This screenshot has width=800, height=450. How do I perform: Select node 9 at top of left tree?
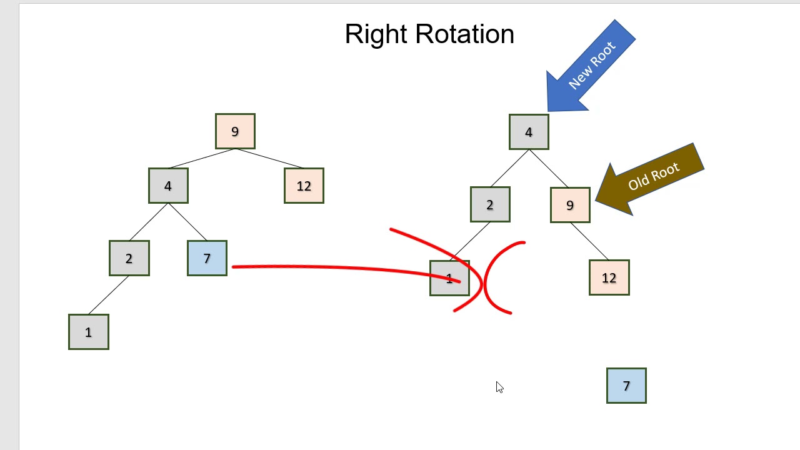[x=235, y=131]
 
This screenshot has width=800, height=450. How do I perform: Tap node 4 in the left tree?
[x=168, y=186]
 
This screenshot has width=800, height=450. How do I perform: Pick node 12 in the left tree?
[x=304, y=186]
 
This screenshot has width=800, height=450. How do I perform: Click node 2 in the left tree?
[x=129, y=258]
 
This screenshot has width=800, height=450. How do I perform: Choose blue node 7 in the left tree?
[x=207, y=258]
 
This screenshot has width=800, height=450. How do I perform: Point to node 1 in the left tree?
[x=88, y=332]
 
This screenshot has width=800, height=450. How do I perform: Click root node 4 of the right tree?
[x=529, y=132]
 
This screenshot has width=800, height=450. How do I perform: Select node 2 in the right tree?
[x=490, y=204]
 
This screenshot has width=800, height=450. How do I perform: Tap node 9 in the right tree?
[x=570, y=205]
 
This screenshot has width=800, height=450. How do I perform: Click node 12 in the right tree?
[x=609, y=277]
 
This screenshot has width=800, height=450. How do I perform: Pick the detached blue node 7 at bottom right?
[x=626, y=386]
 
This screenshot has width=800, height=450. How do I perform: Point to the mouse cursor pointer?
[x=499, y=387]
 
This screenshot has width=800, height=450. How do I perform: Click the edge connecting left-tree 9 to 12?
[x=269, y=159]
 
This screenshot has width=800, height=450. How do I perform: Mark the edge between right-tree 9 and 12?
[x=589, y=241]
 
